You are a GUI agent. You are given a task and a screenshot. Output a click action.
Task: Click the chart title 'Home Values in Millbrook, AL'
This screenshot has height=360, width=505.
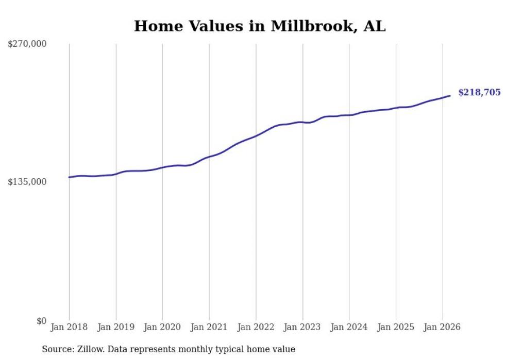[x=259, y=26]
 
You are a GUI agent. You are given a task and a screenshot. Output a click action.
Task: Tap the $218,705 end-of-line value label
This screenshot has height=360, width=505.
[x=479, y=93]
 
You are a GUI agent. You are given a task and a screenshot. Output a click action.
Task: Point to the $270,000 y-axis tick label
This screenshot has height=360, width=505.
[x=27, y=44]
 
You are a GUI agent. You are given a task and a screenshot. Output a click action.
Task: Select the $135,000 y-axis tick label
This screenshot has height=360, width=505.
[x=27, y=182]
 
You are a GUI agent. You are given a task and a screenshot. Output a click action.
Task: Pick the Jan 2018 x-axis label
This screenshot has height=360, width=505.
[x=69, y=327]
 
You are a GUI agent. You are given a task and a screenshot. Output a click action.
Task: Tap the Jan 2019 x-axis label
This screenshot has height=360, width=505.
[x=116, y=327]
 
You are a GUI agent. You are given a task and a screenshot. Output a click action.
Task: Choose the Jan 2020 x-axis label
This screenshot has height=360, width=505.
[x=162, y=327]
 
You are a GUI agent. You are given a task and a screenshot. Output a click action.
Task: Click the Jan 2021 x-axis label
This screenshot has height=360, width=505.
[x=209, y=327]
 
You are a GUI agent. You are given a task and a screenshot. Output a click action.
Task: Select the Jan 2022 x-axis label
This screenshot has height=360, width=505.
[x=256, y=327]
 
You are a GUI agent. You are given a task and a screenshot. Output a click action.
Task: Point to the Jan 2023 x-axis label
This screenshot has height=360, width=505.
[x=302, y=327]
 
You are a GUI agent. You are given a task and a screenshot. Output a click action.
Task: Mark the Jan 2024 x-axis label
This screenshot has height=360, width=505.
[x=349, y=327]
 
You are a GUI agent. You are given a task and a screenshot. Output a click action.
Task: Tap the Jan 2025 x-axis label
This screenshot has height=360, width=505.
[x=396, y=327]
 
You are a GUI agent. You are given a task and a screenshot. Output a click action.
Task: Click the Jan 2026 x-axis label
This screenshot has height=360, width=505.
[x=442, y=327]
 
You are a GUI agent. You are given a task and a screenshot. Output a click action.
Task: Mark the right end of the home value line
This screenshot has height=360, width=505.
[x=450, y=95]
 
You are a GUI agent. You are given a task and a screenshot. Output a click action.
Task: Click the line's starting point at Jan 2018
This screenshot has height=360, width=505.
[x=69, y=177]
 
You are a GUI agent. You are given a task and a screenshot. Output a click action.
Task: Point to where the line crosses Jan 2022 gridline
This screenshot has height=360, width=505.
[x=256, y=136]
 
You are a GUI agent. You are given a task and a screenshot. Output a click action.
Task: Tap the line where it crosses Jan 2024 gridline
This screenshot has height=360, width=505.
[x=349, y=115]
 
